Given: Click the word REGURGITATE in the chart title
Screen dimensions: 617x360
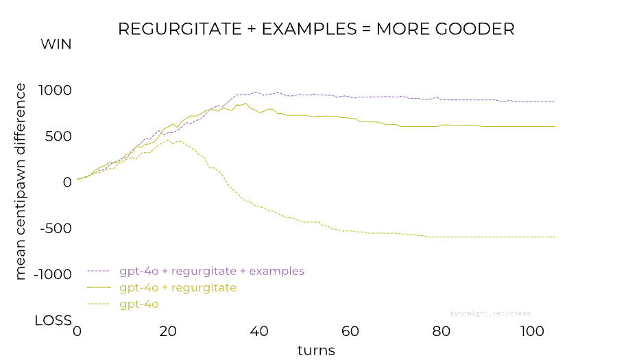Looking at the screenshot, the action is [x=180, y=29].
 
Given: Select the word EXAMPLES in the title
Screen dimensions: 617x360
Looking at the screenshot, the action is [x=309, y=29].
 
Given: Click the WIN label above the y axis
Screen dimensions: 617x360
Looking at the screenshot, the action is [x=56, y=45].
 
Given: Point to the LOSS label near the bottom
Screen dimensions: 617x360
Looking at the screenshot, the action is [x=53, y=321].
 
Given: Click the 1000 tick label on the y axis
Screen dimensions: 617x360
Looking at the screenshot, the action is [x=55, y=91].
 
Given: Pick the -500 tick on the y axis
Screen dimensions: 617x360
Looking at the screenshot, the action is [x=56, y=228].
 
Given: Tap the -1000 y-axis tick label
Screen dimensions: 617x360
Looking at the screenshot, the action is [x=53, y=274].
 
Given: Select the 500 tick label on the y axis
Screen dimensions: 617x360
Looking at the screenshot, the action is [x=58, y=136].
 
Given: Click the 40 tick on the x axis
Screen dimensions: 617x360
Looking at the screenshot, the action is [x=259, y=331].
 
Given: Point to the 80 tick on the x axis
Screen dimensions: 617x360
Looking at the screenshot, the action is [x=441, y=331].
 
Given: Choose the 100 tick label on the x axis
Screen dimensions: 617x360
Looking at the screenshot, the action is [x=532, y=331].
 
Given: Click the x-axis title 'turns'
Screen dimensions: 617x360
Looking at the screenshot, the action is [x=316, y=350].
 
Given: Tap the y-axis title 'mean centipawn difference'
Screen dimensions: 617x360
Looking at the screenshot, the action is [x=20, y=182].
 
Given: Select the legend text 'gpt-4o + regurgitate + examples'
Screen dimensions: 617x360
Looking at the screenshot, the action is [x=212, y=272].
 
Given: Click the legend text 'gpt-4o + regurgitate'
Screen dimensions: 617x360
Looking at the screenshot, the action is [x=178, y=288].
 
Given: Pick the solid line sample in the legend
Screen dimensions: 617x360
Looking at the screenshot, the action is [x=99, y=287].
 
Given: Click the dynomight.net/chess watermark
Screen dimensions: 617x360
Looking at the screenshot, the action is [x=490, y=313].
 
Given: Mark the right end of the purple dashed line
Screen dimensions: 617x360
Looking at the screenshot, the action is [x=555, y=101].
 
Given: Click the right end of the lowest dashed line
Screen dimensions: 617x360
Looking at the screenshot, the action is [x=555, y=237].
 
